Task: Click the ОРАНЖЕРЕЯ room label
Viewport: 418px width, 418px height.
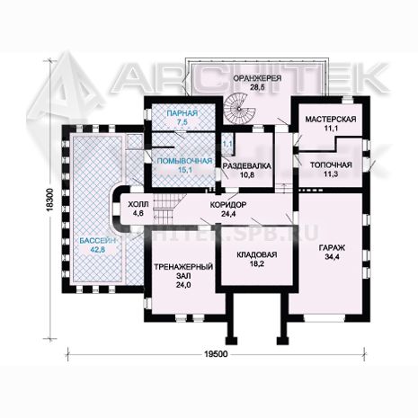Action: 257,78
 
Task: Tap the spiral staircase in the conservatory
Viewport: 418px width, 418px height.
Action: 239,108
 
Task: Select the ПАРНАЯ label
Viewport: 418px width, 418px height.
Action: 182,113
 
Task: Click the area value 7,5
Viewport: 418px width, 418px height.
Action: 182,122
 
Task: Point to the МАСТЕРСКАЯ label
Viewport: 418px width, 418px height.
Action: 331,120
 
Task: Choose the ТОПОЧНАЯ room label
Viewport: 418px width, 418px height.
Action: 331,165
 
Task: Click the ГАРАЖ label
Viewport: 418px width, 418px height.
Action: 332,248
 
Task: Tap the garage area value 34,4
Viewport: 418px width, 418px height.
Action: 332,257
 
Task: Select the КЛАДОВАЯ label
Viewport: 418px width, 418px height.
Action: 257,254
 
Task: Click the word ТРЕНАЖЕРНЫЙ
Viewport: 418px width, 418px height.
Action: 183,267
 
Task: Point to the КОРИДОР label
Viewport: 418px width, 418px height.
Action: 228,205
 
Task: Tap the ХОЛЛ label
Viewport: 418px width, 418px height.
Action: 138,205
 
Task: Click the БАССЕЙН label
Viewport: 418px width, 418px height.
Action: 98,240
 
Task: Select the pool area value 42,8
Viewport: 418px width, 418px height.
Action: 97,249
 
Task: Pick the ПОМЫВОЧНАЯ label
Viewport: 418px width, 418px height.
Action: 184,161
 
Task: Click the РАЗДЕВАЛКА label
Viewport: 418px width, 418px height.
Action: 247,165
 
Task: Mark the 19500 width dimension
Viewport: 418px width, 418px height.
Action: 216,354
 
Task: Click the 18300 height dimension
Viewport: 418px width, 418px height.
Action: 49,200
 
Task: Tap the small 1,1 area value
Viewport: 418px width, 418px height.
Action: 227,144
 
